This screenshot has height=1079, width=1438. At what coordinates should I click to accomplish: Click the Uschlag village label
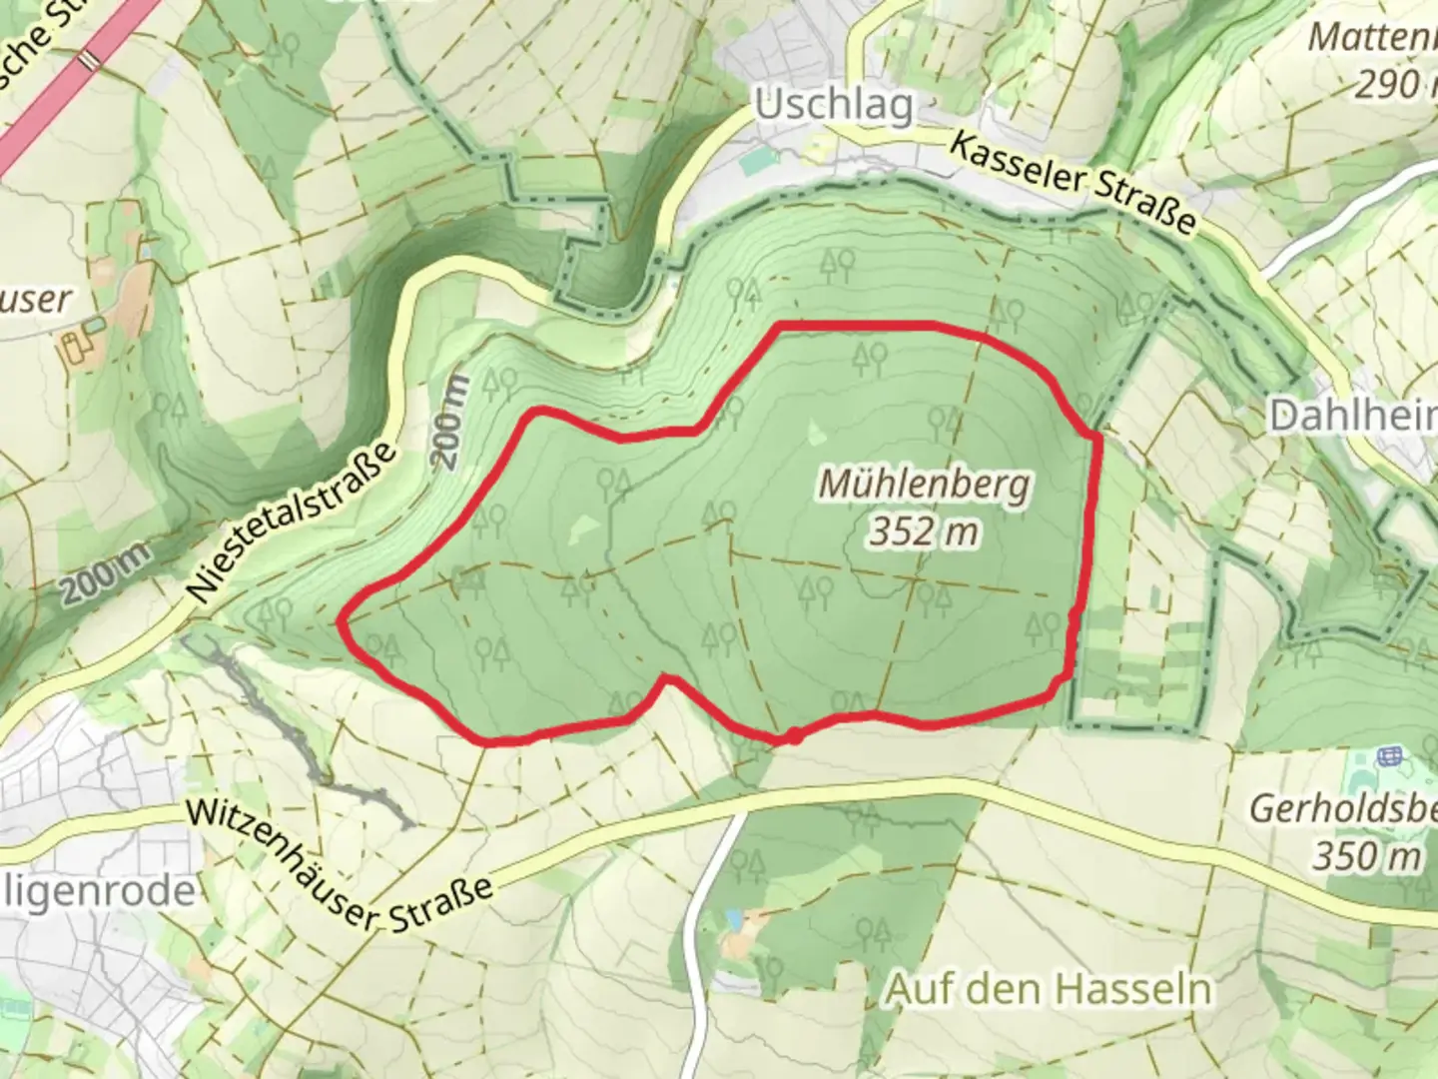pos(834,105)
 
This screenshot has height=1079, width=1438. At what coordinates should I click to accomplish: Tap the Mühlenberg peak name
pos(924,485)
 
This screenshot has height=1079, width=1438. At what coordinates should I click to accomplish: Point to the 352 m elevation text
pos(924,533)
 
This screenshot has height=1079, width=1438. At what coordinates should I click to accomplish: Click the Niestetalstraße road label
pos(293,525)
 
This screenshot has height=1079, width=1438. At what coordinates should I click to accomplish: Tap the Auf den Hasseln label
pos(1049,989)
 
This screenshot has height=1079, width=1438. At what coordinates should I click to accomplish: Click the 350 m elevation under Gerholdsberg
pos(1366,856)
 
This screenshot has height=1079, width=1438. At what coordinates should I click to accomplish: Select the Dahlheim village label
pos(1353,415)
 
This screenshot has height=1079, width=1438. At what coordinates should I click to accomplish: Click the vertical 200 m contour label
pos(450,424)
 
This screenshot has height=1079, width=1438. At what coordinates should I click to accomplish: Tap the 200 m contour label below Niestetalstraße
pos(105,573)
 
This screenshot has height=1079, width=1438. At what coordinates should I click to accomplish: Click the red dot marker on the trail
pos(792,736)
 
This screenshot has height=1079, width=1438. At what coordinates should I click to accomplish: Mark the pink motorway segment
pos(70,85)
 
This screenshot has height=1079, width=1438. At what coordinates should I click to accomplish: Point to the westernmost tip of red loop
pos(341,622)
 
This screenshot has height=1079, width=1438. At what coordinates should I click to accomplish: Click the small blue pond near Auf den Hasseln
pos(736,916)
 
